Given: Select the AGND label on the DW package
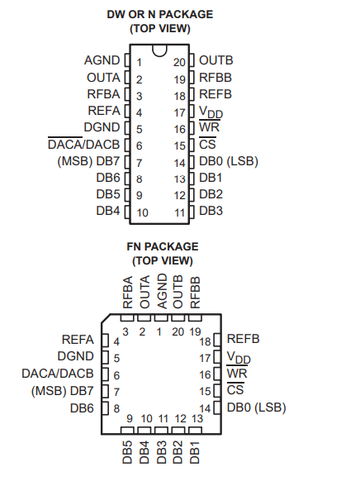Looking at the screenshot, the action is click(x=102, y=60).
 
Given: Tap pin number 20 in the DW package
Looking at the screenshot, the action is click(x=179, y=62).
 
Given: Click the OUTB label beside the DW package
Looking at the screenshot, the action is click(x=216, y=60).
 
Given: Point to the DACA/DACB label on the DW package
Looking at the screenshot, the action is click(x=84, y=145).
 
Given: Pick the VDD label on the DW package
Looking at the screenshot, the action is click(x=211, y=112).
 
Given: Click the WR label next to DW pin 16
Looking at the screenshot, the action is click(x=209, y=127).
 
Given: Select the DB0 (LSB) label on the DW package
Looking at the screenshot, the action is click(x=229, y=161).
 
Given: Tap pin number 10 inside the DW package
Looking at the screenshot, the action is click(x=142, y=212).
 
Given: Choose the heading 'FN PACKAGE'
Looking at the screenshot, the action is click(x=163, y=246).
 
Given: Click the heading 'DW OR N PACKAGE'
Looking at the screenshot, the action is click(x=160, y=14).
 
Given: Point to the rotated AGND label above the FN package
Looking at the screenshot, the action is click(x=162, y=291).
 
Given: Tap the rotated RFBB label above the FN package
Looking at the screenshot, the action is click(x=196, y=293).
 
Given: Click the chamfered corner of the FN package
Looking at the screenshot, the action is click(x=106, y=319).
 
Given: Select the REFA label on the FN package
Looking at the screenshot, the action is click(x=78, y=340).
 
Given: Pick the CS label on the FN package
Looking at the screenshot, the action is click(x=235, y=389).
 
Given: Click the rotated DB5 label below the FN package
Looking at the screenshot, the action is click(x=127, y=452).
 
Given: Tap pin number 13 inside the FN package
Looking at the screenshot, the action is click(x=197, y=419).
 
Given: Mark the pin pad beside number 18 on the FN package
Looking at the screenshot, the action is click(x=217, y=340).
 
